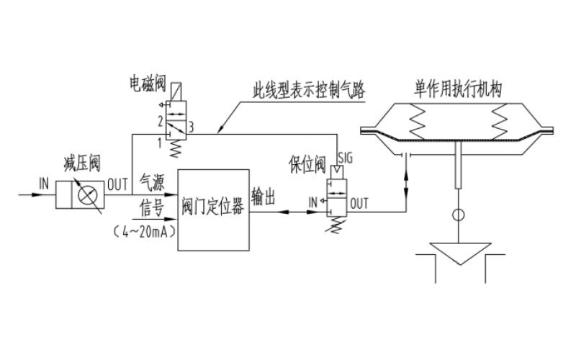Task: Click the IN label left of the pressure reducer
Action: click(x=44, y=184)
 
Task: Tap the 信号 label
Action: click(x=151, y=209)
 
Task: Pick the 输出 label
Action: click(x=263, y=197)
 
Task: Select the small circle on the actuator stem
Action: click(x=457, y=215)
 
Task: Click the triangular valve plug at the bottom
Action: click(x=457, y=253)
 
